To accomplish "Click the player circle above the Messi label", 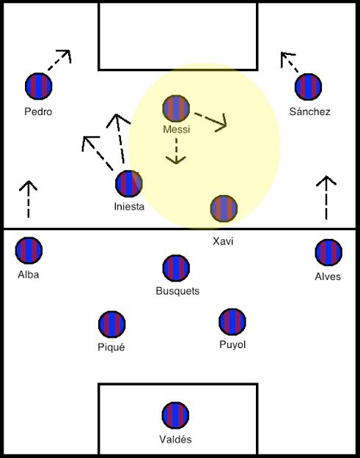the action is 176,108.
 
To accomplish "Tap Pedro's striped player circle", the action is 39,86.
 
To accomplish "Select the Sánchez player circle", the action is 308,86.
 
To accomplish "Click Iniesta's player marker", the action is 129,184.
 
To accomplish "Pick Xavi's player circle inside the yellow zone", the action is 224,208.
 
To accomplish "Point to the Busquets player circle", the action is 176,268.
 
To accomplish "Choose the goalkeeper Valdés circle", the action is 175,415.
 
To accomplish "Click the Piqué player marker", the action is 112,324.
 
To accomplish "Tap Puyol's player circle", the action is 232,322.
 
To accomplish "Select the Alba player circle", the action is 29,251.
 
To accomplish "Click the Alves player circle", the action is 328,252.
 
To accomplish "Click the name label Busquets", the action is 177,291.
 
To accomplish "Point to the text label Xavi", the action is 223,241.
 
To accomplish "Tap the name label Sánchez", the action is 309,111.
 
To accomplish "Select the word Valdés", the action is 175,439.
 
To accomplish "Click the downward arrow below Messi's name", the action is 176,151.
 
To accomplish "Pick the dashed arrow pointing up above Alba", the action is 29,199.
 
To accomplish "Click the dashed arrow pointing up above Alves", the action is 326,197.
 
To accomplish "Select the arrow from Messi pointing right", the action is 211,120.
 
